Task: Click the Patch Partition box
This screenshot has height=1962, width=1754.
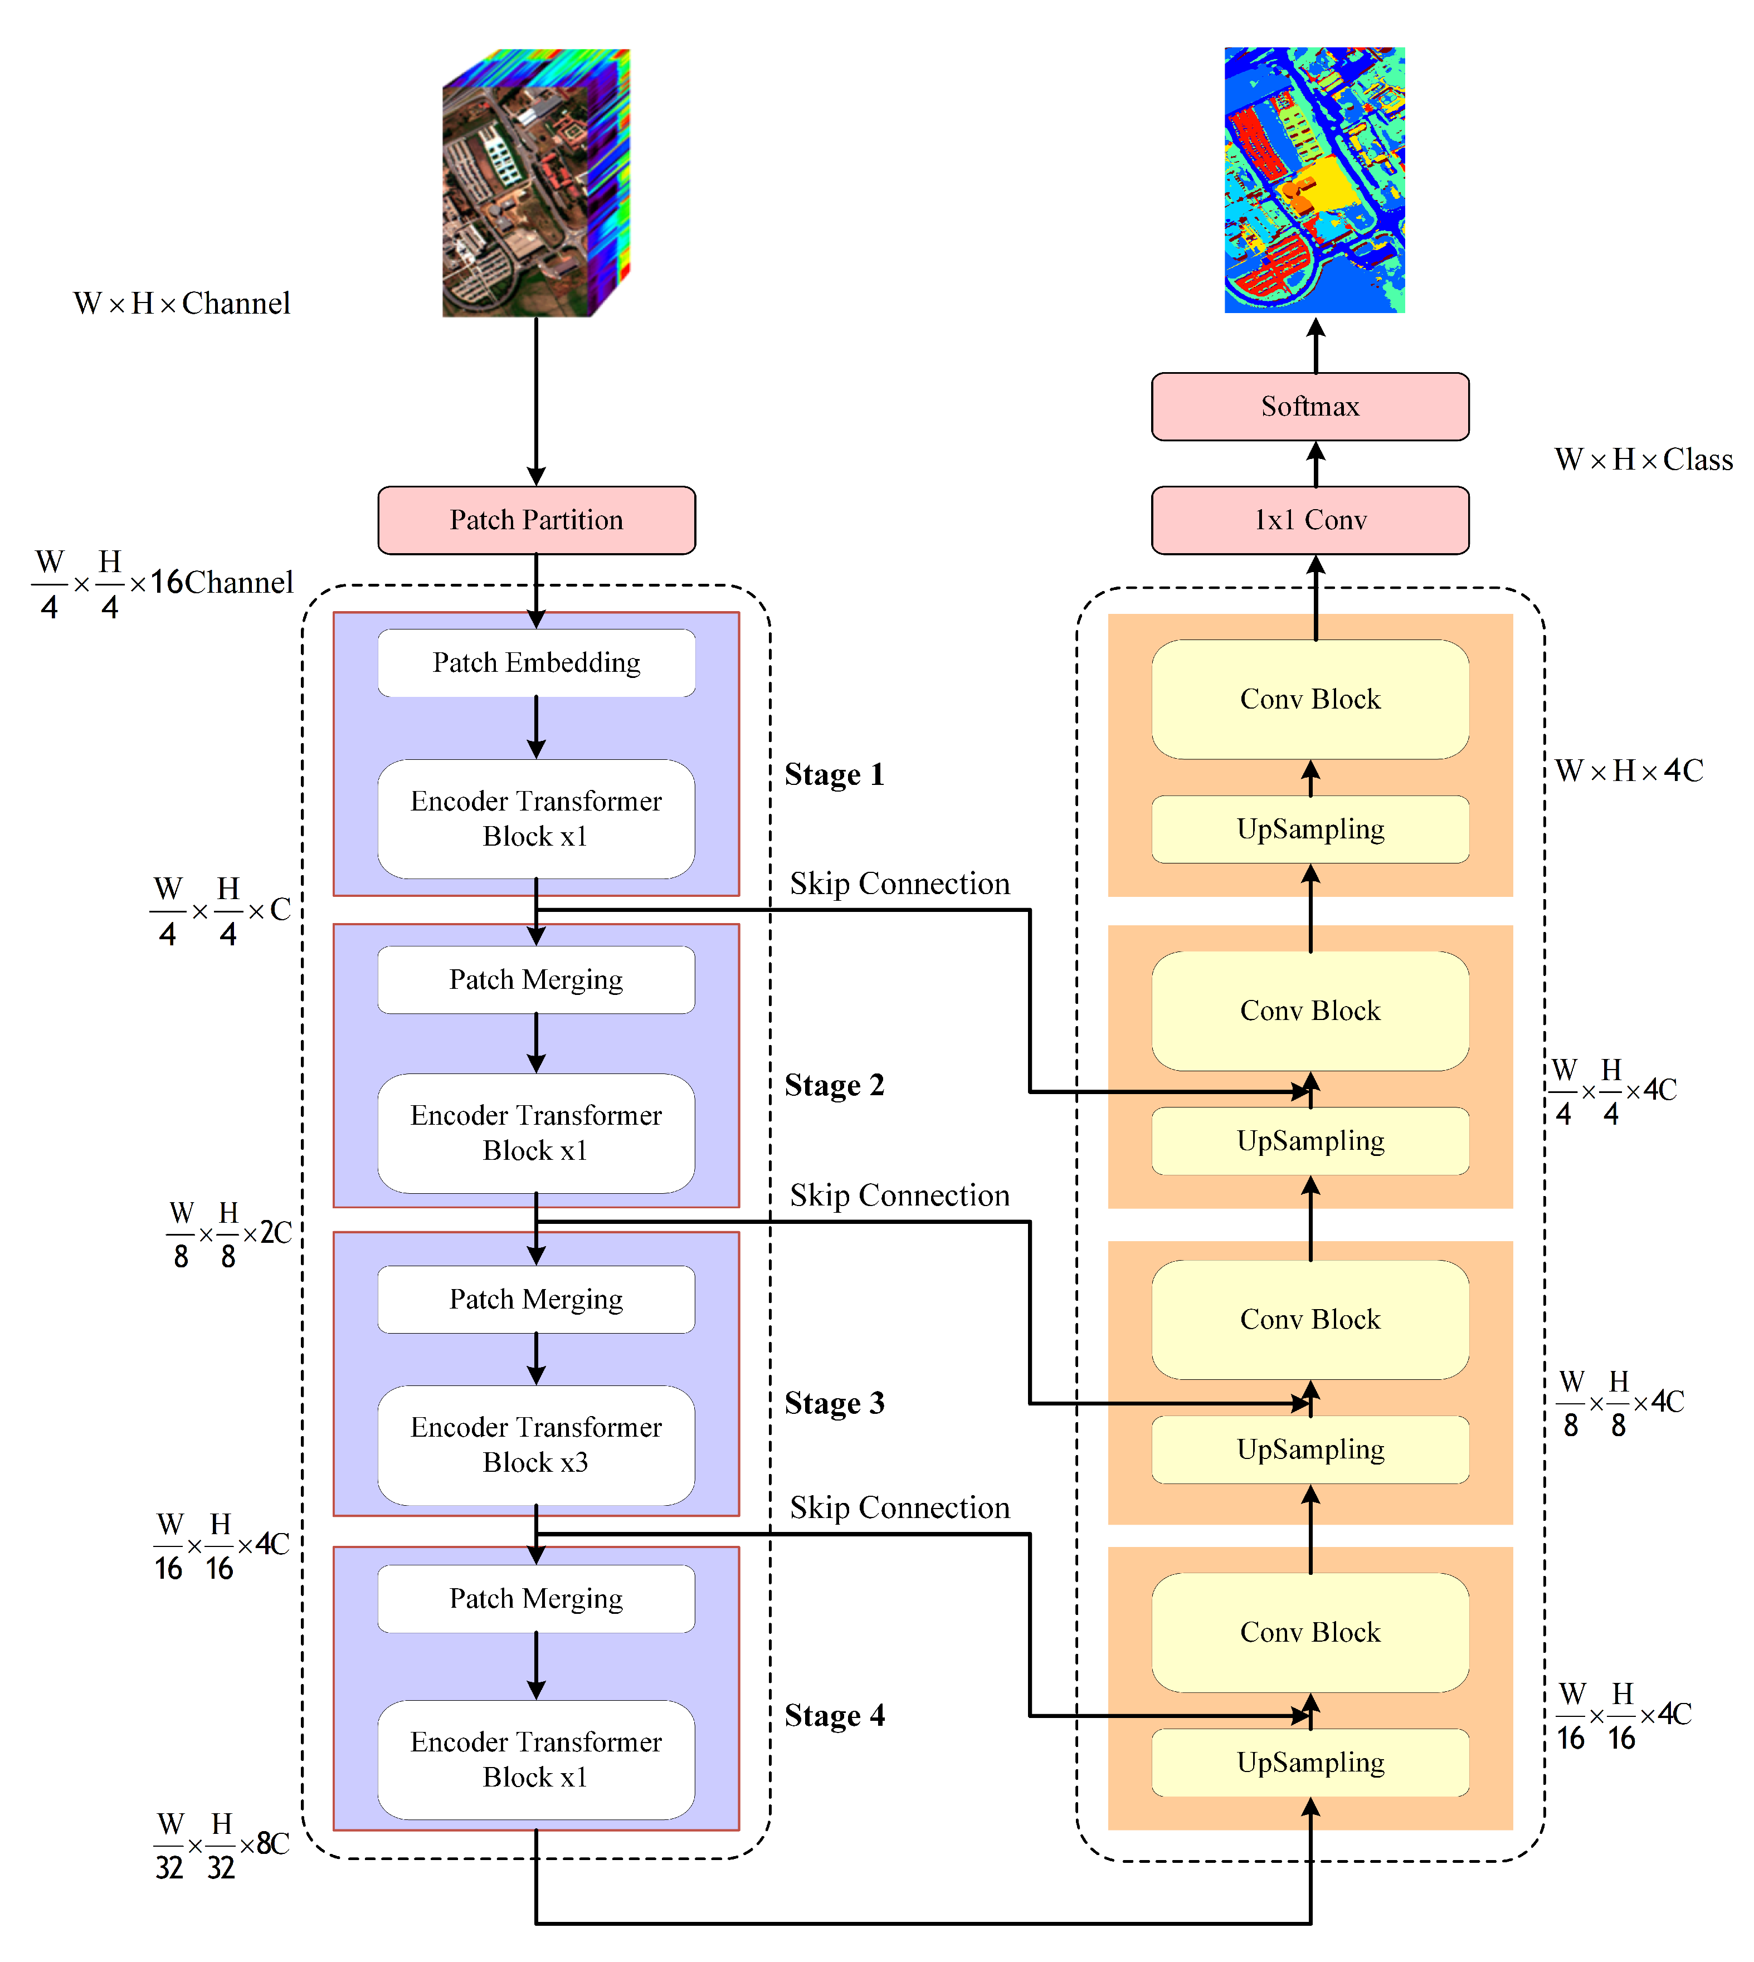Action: tap(536, 520)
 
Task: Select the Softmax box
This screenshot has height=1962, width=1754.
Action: tap(1310, 407)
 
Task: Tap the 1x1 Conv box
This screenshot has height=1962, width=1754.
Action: tap(1310, 520)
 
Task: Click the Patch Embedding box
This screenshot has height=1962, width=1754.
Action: tap(536, 663)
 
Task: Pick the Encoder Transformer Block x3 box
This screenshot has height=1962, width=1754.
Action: tap(536, 1444)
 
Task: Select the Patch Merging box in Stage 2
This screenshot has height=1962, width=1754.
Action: tap(536, 980)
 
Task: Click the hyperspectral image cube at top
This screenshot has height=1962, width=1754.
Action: tap(536, 183)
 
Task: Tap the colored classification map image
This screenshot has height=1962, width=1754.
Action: tap(1314, 180)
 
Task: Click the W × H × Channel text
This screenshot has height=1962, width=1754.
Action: tap(181, 304)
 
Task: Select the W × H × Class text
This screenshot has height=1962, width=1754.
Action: tap(1643, 460)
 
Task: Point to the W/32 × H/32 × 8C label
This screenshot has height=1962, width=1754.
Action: tap(222, 1846)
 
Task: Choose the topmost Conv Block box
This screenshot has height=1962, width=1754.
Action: tap(1310, 700)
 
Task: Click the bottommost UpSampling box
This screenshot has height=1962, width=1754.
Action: tap(1310, 1763)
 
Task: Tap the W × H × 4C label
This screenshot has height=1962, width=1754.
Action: tap(1629, 771)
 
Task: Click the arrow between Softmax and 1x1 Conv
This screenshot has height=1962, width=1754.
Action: tap(1315, 463)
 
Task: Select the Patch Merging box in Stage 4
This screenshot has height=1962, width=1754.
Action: tap(536, 1599)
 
